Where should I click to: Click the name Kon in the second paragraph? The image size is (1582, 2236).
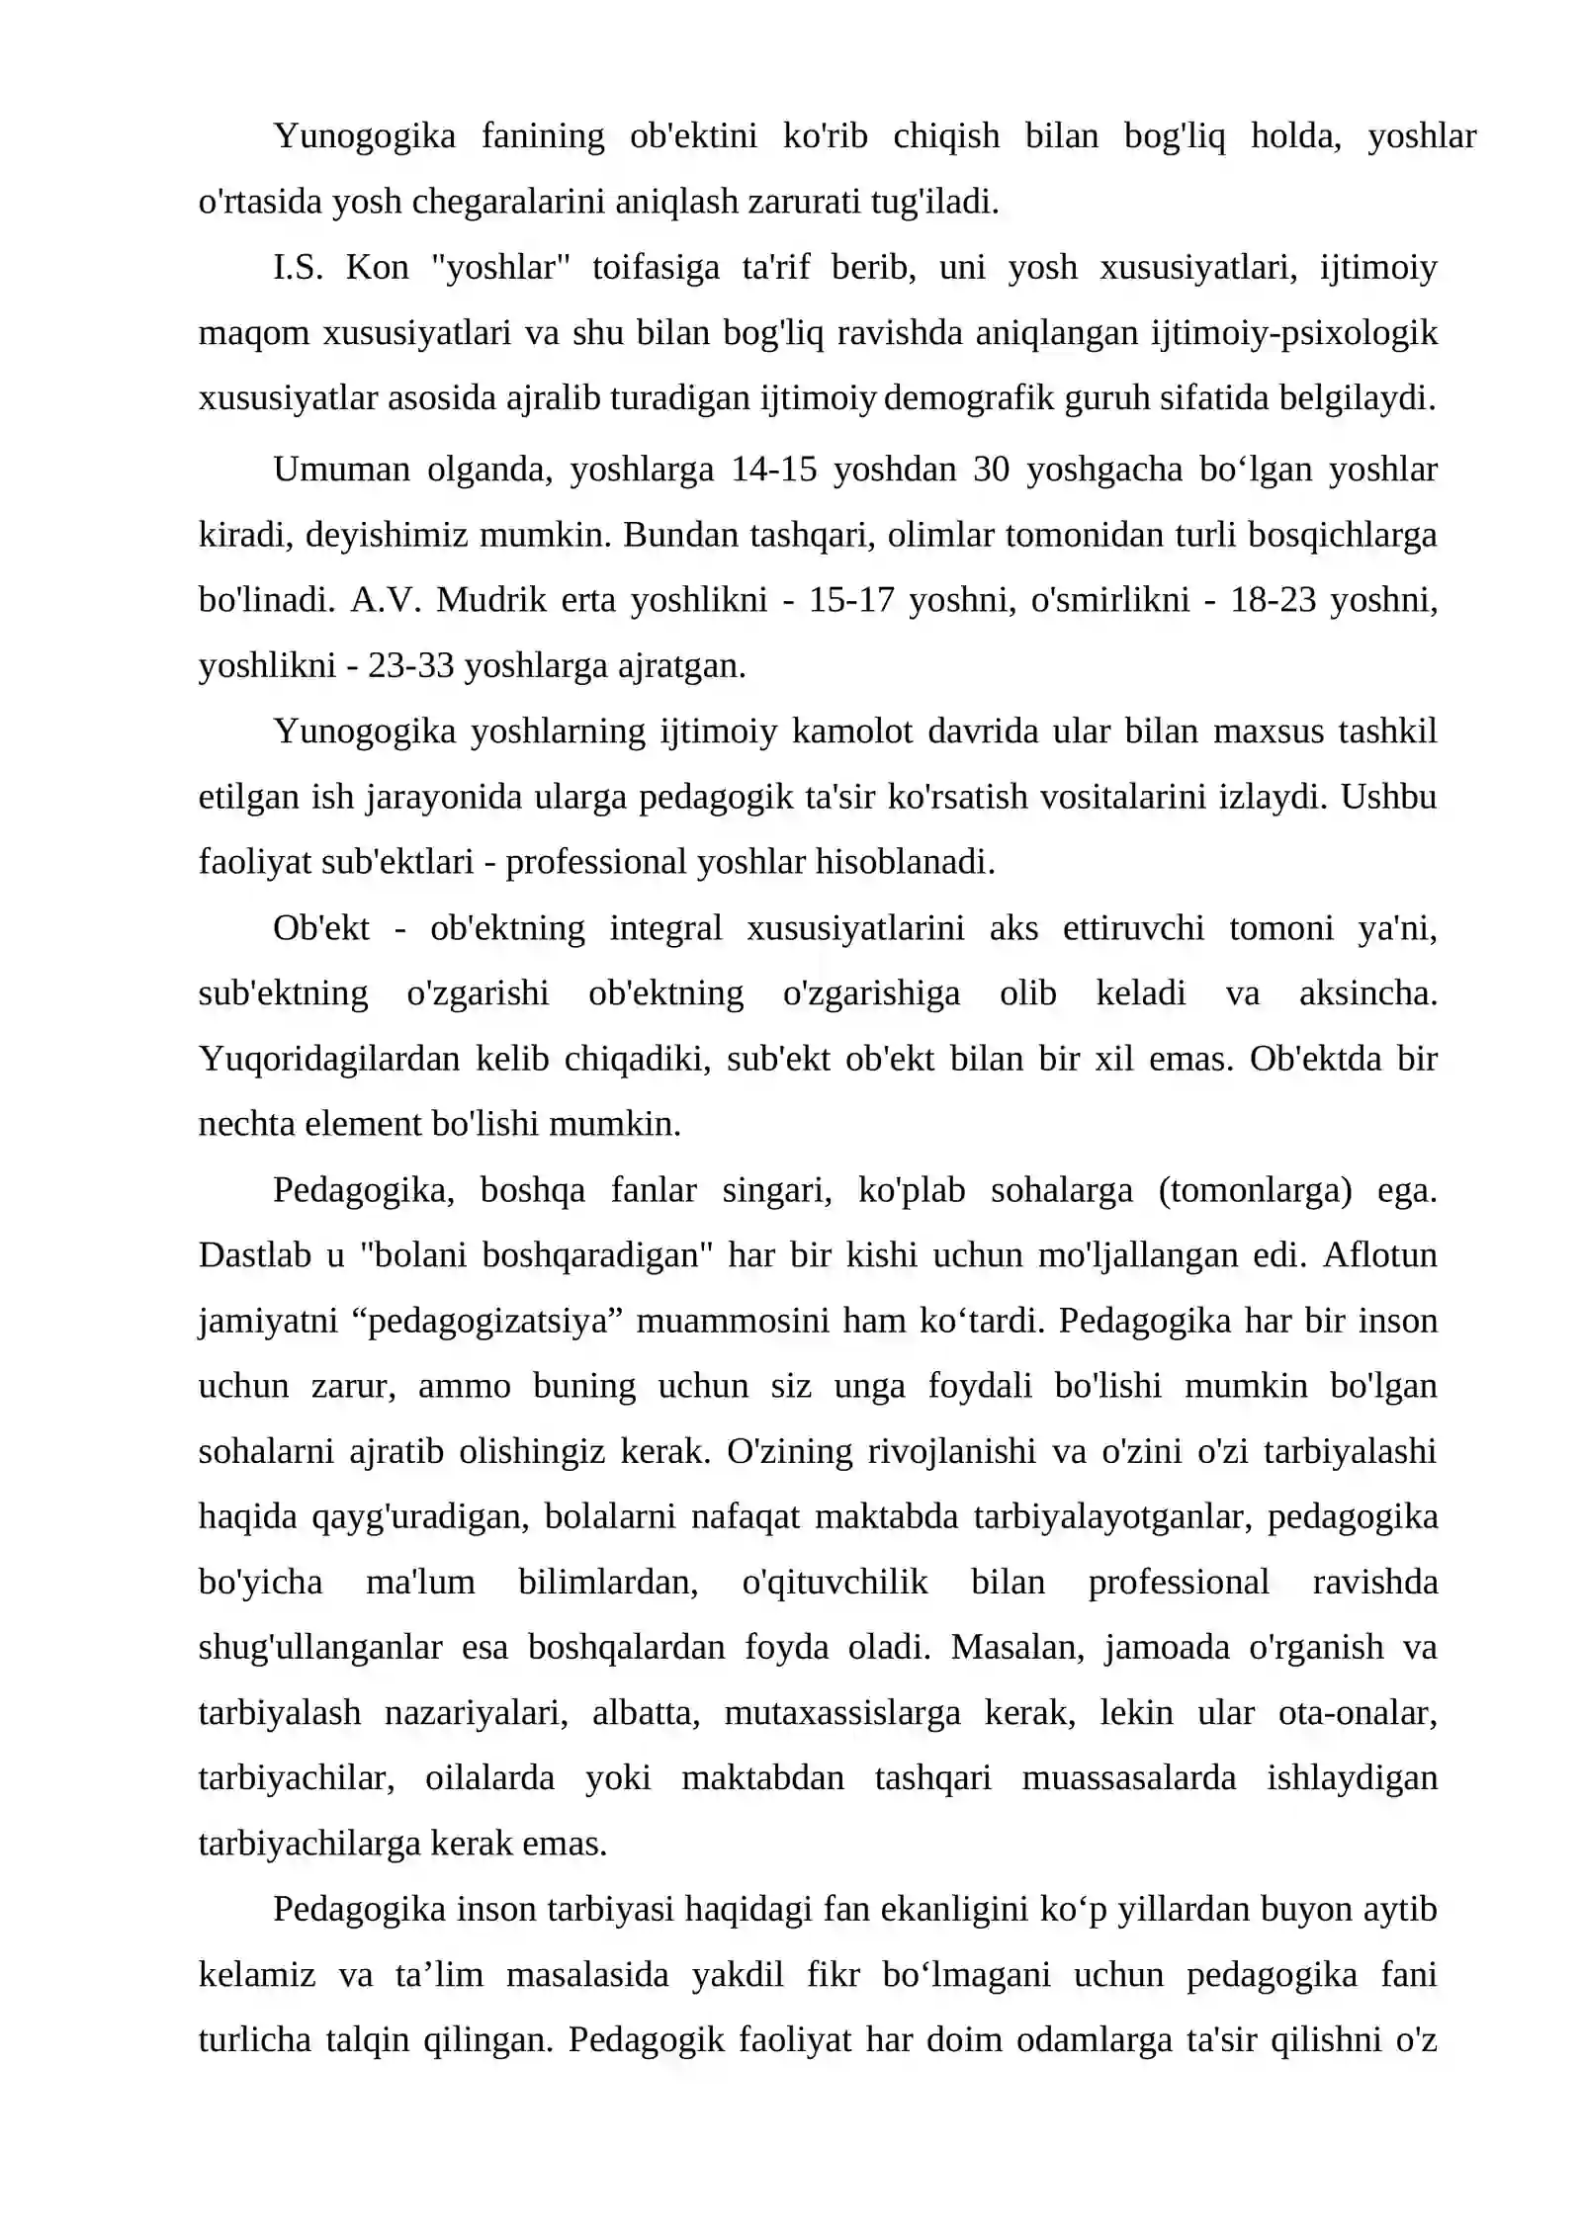click(377, 268)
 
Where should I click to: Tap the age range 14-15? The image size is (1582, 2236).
click(774, 470)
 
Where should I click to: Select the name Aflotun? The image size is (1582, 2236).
click(1380, 1255)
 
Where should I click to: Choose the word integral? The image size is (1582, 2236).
click(665, 928)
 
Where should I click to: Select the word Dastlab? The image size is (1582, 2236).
click(254, 1255)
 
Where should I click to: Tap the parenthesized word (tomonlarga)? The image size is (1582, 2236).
click(1255, 1190)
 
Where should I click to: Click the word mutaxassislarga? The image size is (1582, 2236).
click(841, 1713)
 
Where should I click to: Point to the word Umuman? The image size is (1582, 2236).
click(341, 470)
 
